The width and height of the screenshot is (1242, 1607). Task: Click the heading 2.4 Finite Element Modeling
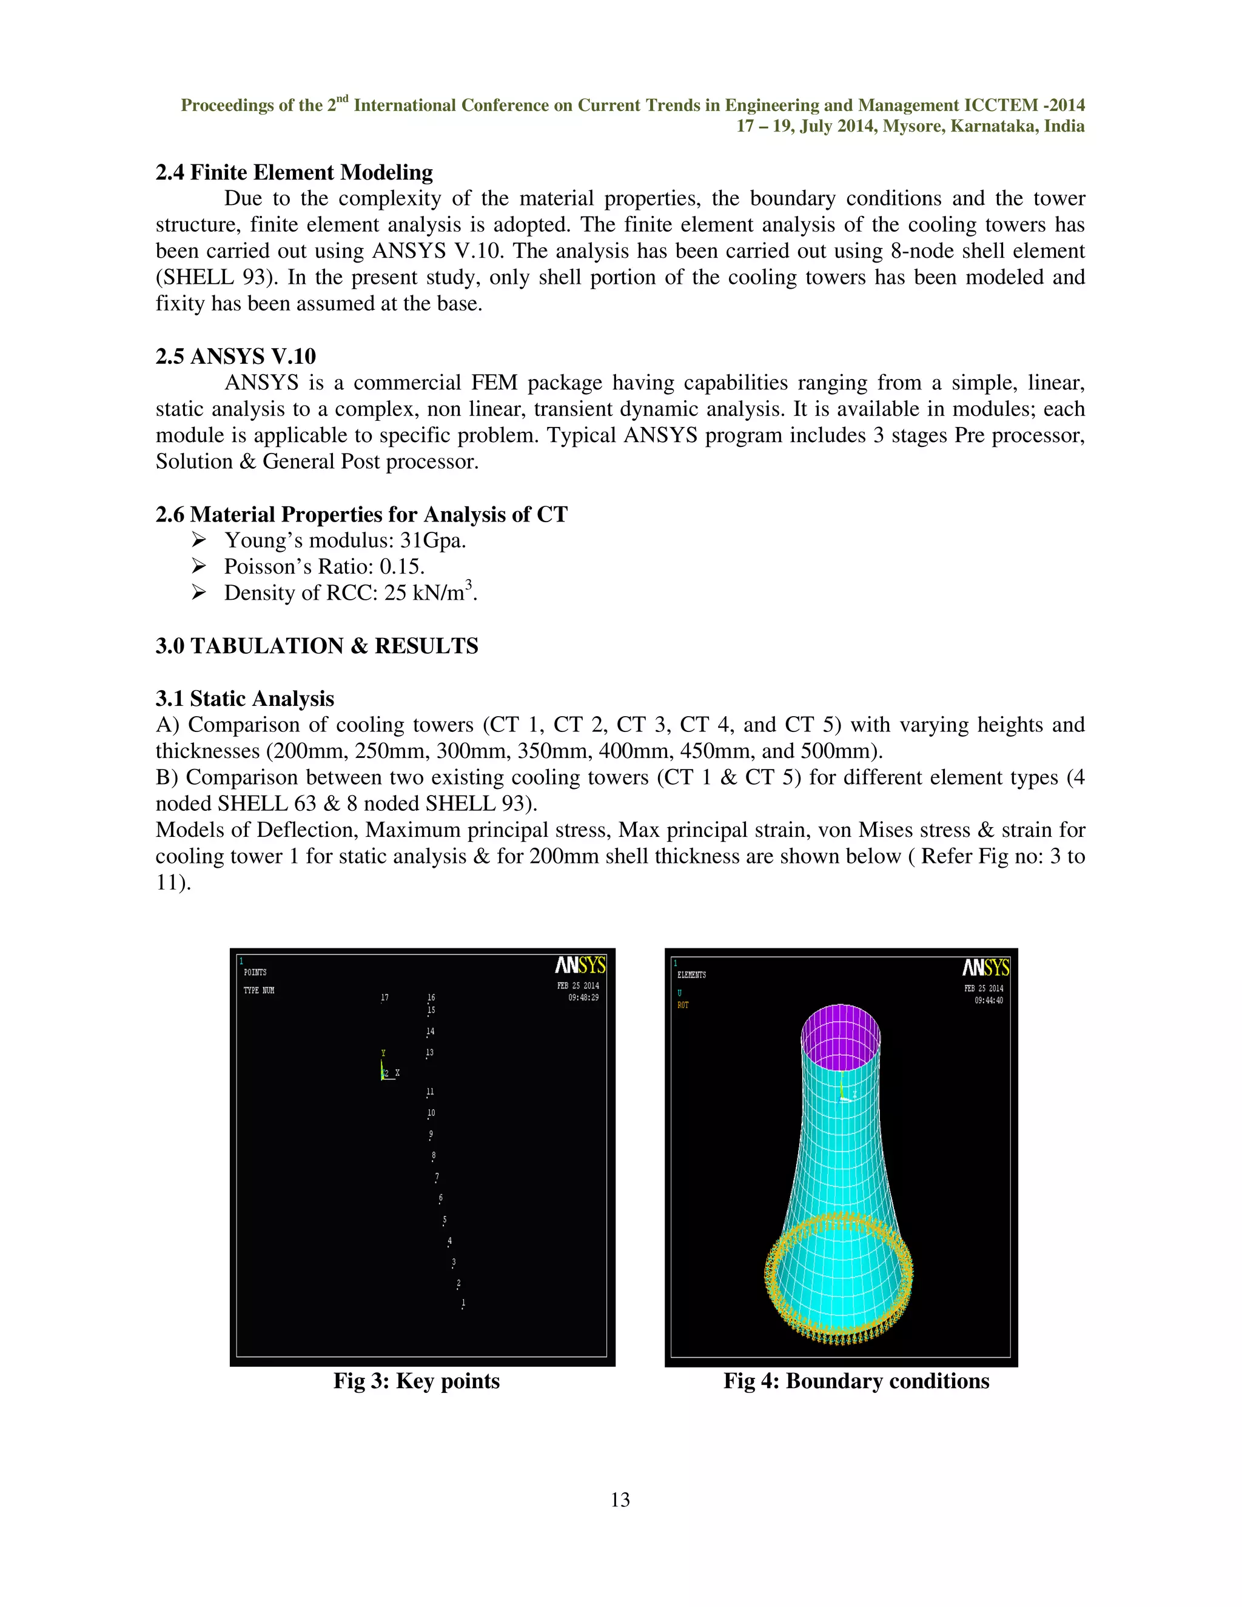pos(294,172)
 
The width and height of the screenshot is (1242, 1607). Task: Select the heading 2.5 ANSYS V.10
pos(235,356)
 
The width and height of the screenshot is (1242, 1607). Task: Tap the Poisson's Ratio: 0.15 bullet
pos(324,566)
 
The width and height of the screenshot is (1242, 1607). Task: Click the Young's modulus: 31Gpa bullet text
pos(344,540)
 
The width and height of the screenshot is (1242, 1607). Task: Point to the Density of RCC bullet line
pos(351,593)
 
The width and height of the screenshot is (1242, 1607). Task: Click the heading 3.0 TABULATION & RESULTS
pos(317,646)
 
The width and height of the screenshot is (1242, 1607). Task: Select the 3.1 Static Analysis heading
pos(244,698)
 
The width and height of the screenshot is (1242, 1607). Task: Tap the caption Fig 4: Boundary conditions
pos(856,1380)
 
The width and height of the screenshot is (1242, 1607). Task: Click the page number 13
pos(620,1500)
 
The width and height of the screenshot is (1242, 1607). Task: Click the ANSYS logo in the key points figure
pos(580,965)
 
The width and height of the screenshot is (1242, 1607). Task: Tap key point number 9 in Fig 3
pos(431,1135)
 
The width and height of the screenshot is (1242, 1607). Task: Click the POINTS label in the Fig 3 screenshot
pos(255,973)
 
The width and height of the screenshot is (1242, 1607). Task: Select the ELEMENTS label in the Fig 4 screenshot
pos(691,975)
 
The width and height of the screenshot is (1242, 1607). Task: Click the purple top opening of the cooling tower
pos(841,1038)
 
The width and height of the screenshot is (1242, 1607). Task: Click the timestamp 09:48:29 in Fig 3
pos(583,998)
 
